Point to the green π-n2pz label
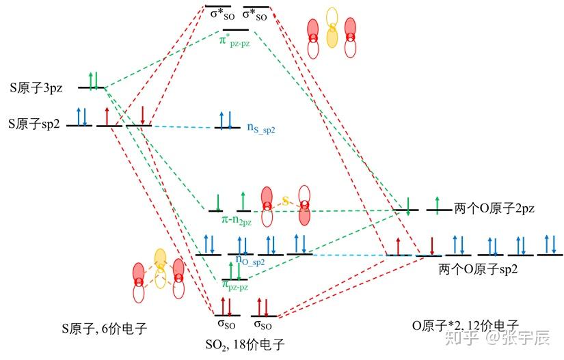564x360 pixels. click(x=235, y=221)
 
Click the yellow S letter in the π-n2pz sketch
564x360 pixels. click(x=286, y=202)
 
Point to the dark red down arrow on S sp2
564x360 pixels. click(x=143, y=115)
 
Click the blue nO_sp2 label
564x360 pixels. click(x=250, y=260)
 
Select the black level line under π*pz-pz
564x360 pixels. click(x=235, y=29)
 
